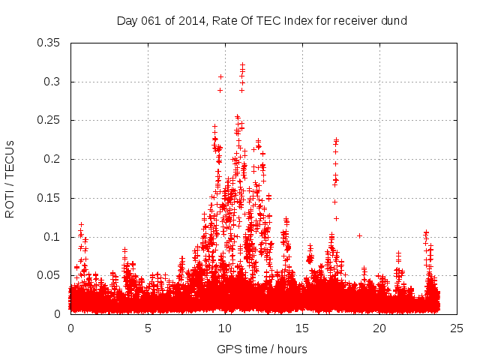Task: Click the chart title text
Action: [x=262, y=21]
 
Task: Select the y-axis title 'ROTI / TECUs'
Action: [x=10, y=178]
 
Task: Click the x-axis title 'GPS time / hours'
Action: [x=262, y=349]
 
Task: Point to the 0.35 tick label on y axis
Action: [x=49, y=43]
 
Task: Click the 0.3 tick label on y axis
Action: [x=52, y=82]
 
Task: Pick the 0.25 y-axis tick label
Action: [x=49, y=120]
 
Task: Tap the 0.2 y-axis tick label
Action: [x=52, y=159]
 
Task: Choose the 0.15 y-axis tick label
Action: [x=49, y=198]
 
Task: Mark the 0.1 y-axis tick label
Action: [x=52, y=237]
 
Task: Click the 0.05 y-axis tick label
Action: [x=49, y=275]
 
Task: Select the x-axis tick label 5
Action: [x=148, y=328]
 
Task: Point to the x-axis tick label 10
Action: [x=225, y=328]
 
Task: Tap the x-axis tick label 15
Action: [x=302, y=328]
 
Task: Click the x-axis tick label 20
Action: [x=379, y=328]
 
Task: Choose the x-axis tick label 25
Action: [x=457, y=328]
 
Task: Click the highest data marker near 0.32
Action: [x=242, y=64]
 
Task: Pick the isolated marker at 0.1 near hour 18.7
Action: [x=360, y=235]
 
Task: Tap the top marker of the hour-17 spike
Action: [x=337, y=139]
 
